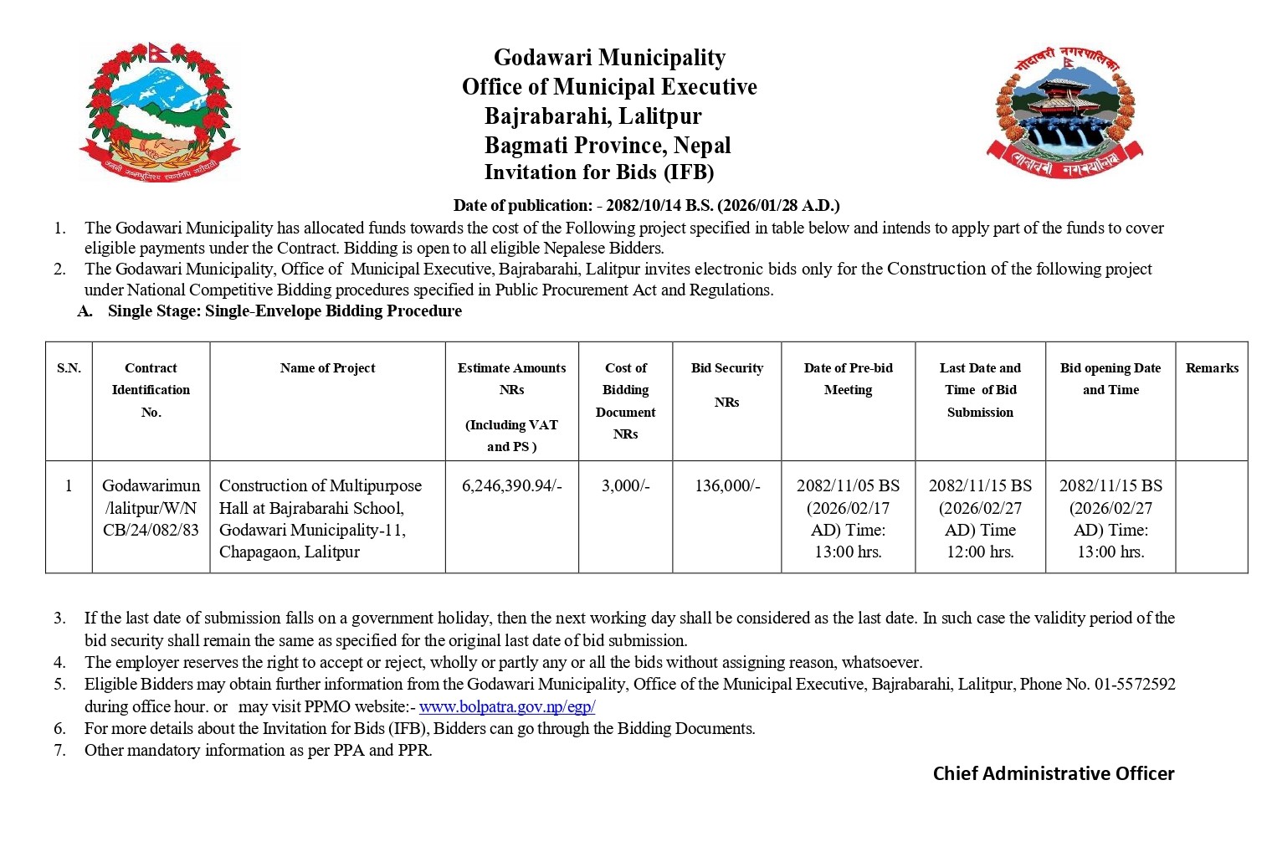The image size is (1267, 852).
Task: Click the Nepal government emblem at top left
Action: [159, 110]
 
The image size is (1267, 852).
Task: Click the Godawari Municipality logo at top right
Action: [1064, 112]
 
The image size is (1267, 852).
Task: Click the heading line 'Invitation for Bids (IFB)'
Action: [599, 172]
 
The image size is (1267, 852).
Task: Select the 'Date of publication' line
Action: [646, 205]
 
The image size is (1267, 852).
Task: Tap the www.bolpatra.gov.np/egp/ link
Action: [507, 706]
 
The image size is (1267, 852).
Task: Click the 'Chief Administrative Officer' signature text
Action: [1054, 773]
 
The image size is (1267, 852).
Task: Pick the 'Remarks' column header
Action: [1211, 368]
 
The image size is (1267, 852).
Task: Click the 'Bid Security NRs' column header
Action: [726, 384]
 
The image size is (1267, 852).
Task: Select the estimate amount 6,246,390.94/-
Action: [511, 485]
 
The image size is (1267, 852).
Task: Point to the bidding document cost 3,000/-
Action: [625, 485]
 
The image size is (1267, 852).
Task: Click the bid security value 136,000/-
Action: [726, 485]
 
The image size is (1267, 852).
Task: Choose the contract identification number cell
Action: [151, 507]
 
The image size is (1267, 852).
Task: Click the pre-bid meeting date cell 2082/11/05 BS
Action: [848, 518]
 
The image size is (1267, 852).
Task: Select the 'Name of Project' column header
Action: [327, 368]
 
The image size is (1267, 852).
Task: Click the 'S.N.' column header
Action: [69, 368]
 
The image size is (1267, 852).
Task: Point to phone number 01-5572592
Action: [1135, 685]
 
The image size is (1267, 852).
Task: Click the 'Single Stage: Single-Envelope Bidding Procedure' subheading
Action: [285, 311]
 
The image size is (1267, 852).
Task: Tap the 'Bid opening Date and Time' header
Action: [1110, 378]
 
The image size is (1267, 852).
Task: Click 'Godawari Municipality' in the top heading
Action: [609, 58]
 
